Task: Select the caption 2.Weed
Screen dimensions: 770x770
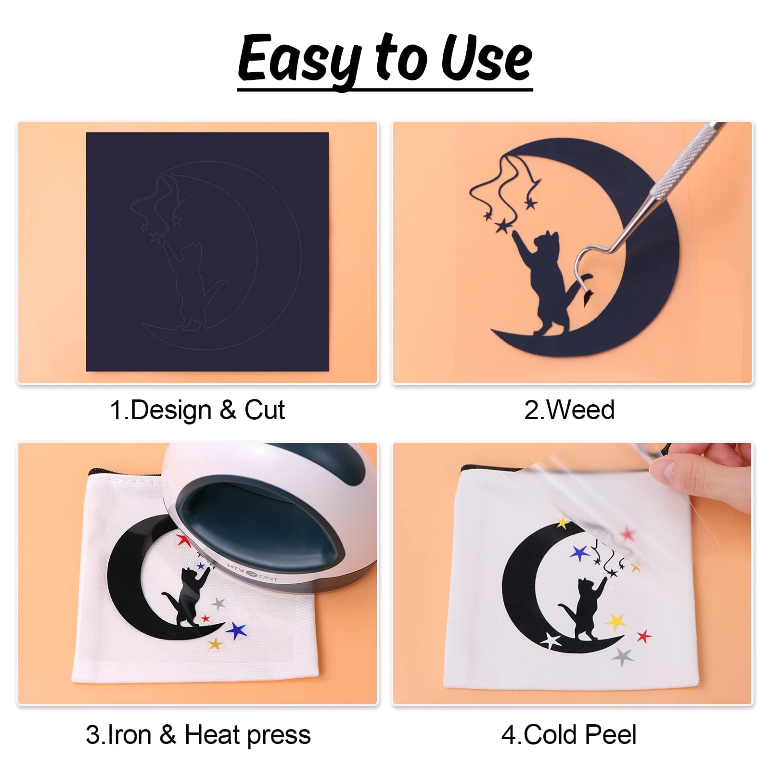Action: (569, 410)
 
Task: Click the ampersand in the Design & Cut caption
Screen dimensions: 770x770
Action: (228, 411)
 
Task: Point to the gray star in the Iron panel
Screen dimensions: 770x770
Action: (219, 603)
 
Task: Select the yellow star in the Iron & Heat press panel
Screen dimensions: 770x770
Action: (215, 643)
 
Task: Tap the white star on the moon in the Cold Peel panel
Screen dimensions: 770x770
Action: (551, 641)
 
